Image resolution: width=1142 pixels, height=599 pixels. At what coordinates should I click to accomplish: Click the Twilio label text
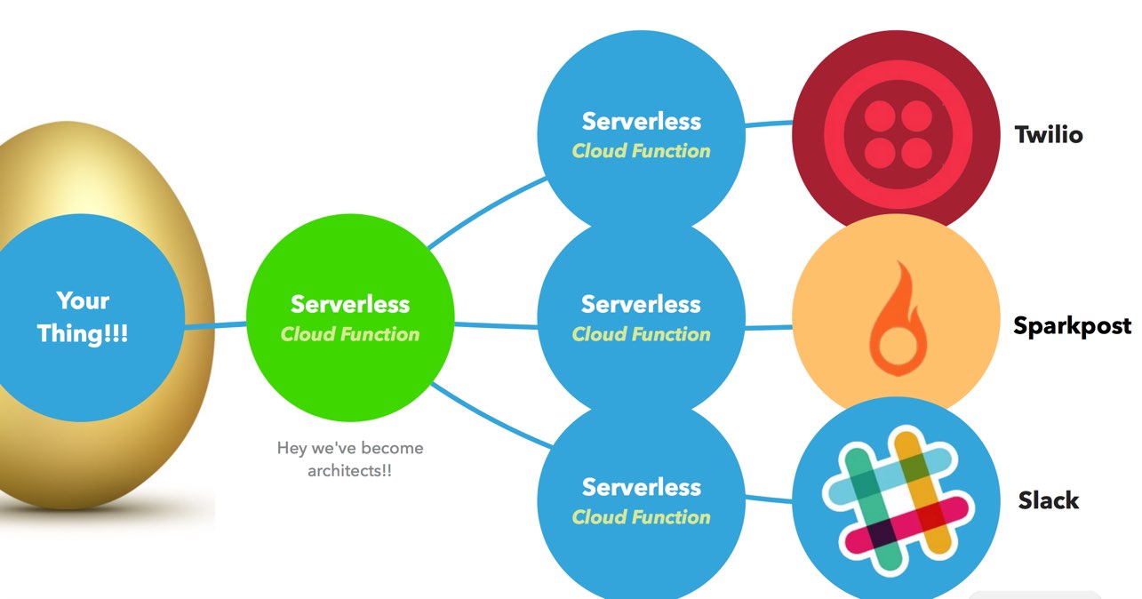tap(1049, 136)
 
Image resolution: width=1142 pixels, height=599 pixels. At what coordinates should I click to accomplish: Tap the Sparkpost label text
tap(1072, 326)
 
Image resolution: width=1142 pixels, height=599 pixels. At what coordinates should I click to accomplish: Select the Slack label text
tap(1049, 500)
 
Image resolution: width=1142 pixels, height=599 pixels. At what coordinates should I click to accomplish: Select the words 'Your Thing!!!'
tap(83, 317)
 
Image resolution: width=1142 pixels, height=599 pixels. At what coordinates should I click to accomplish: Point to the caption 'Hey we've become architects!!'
tap(350, 459)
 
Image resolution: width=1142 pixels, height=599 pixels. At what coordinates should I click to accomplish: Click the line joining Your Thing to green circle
tap(215, 326)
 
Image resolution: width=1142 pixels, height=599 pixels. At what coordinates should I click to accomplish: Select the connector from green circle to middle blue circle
tap(496, 325)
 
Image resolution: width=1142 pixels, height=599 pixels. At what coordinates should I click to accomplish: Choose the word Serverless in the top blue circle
tap(641, 121)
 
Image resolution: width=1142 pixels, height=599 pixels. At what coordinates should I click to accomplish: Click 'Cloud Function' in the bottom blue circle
tap(641, 517)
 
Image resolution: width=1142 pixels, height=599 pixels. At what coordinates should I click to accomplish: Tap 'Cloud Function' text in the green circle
tap(349, 335)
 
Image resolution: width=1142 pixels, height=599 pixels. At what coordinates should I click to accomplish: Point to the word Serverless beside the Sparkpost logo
tap(641, 304)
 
